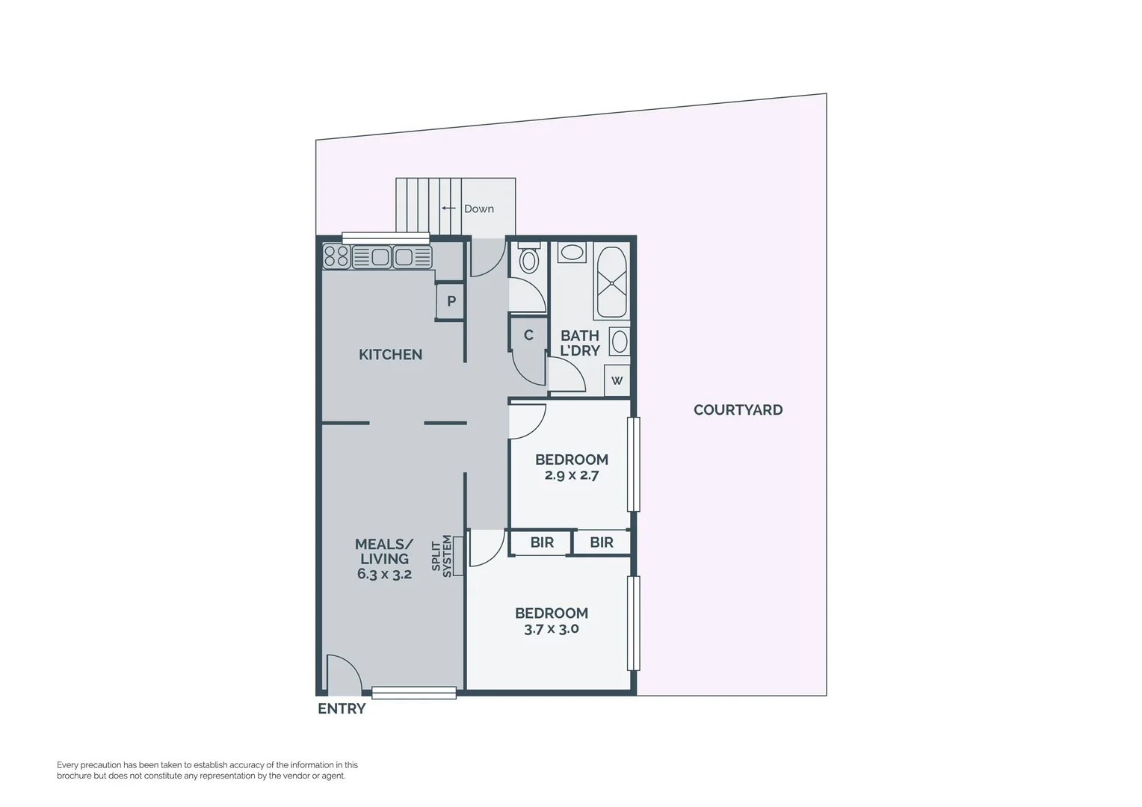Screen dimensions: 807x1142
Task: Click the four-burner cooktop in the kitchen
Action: (336, 257)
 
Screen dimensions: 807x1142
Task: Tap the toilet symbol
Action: (529, 259)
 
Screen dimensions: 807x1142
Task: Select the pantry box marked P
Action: (451, 302)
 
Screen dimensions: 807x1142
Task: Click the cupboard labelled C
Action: (528, 336)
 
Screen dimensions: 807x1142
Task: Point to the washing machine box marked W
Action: (617, 380)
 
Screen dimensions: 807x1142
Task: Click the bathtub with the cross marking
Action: (612, 282)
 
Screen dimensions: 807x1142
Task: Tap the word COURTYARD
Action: (738, 409)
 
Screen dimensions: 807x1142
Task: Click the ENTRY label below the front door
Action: (342, 709)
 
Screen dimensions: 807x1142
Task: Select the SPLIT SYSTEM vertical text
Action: (442, 555)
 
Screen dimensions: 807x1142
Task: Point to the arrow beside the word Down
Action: (448, 208)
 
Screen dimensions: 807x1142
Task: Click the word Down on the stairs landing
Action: (479, 208)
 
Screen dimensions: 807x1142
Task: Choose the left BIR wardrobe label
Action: (542, 542)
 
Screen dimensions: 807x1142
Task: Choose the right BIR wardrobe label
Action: (602, 542)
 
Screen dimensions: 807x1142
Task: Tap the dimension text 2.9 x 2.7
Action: (572, 475)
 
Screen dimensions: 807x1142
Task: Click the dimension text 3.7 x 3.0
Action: (552, 629)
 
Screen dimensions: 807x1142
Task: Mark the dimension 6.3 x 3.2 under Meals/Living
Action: (384, 575)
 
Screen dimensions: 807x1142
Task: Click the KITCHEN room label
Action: (390, 354)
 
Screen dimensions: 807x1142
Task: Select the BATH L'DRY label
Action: (580, 343)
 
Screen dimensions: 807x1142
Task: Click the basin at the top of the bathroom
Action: (573, 253)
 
